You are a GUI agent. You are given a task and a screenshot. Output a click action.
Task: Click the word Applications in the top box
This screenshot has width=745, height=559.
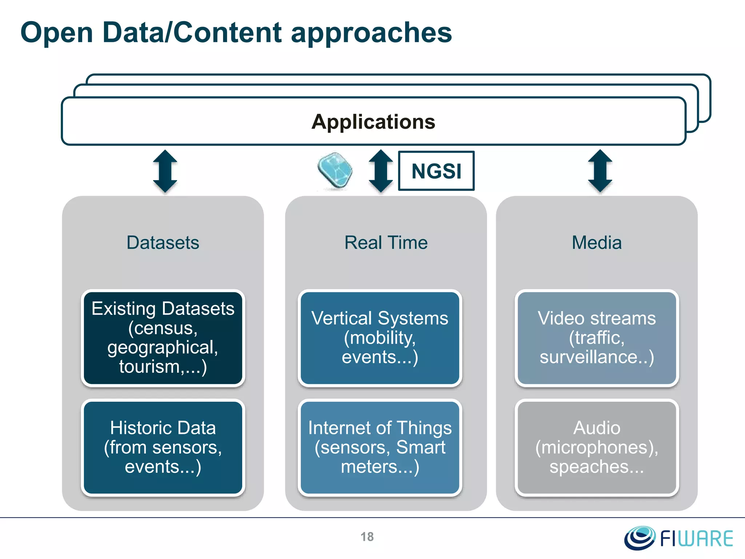[x=373, y=122]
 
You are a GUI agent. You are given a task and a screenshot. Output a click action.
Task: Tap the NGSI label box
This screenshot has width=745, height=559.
[x=436, y=171]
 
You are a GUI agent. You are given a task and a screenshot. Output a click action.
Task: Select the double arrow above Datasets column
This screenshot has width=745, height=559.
[x=165, y=171]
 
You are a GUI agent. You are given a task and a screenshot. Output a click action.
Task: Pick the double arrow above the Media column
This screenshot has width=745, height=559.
[x=600, y=171]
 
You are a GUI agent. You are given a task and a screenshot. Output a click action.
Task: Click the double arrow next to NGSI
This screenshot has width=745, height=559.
[x=381, y=171]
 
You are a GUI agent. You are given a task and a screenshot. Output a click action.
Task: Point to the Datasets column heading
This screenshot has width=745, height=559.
[x=163, y=242]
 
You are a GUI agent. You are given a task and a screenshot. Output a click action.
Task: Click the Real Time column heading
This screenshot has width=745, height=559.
[x=386, y=242]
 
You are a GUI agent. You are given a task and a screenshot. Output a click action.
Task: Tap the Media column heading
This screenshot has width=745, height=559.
[x=597, y=242]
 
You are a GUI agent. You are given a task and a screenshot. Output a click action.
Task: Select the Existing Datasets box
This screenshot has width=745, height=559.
[x=163, y=338]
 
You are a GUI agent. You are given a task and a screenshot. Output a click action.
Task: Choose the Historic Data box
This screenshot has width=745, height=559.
[x=163, y=447]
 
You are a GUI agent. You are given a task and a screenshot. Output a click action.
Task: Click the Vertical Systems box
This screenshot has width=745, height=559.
[x=380, y=338]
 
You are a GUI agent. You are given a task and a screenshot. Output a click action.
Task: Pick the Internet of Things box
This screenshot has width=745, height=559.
[x=380, y=447]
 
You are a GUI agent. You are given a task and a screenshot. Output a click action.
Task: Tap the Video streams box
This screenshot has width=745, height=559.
[x=597, y=338]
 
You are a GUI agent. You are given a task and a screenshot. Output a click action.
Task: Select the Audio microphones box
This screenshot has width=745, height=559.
[x=597, y=447]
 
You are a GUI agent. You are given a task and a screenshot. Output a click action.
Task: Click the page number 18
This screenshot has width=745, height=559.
[x=367, y=537]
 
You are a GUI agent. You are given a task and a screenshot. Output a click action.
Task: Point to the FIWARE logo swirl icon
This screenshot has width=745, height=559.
[x=640, y=537]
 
